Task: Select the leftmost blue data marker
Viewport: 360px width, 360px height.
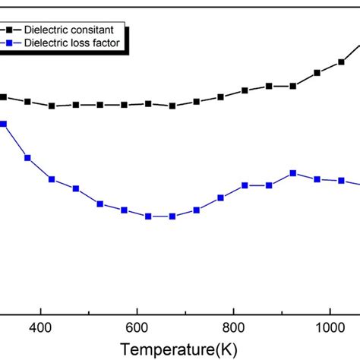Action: (4, 124)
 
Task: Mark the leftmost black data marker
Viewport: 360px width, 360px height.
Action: (4, 97)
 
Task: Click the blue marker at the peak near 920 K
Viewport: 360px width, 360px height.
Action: (293, 173)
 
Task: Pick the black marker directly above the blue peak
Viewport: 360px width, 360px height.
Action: (293, 86)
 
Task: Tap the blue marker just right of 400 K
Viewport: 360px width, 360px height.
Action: (52, 179)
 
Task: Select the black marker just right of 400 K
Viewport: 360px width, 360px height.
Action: (52, 106)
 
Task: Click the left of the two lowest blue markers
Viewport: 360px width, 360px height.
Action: (148, 216)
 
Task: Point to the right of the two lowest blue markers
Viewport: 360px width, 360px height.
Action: (172, 216)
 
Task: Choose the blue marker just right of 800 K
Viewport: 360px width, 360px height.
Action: (245, 185)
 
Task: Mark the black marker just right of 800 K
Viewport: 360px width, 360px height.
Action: (245, 90)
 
